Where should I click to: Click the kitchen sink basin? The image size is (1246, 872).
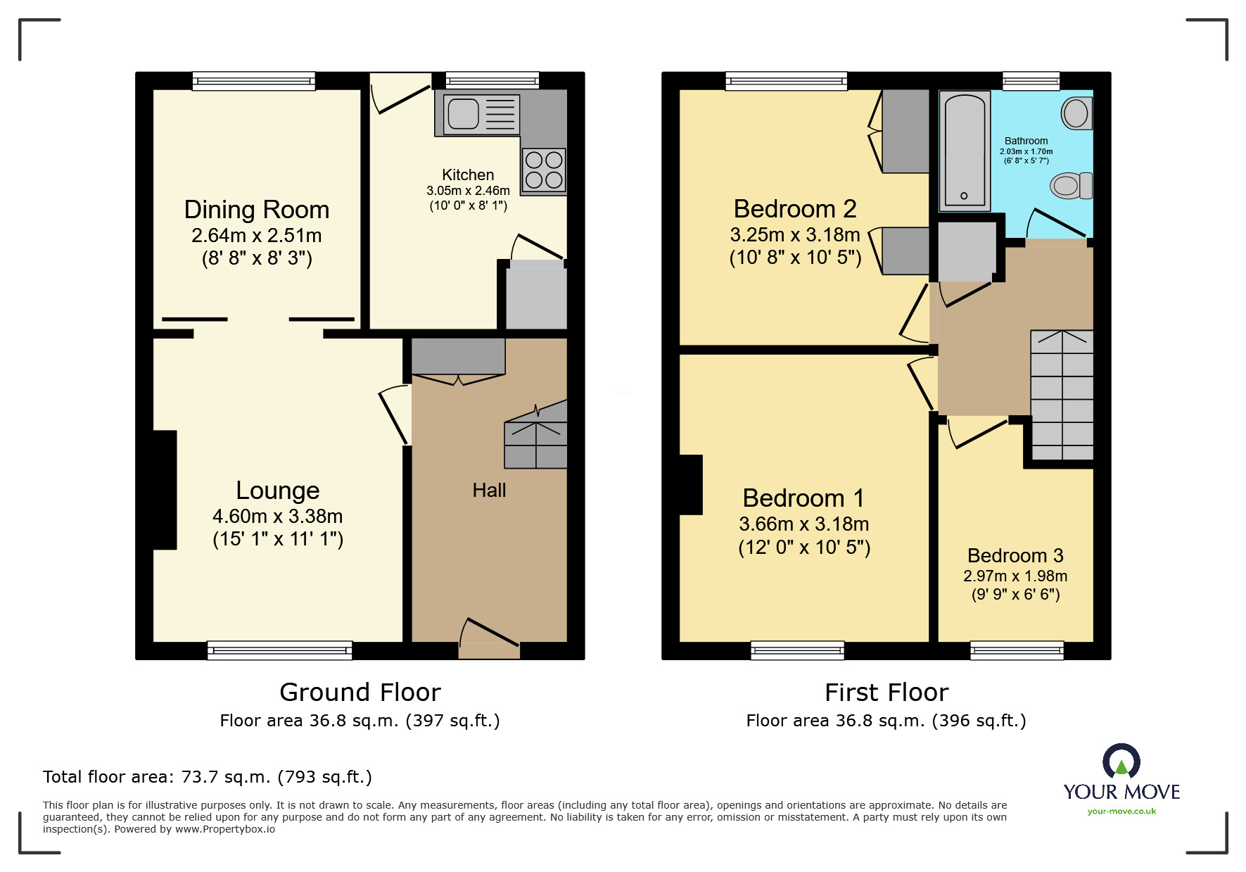coord(463,113)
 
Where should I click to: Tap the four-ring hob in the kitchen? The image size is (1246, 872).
coord(544,170)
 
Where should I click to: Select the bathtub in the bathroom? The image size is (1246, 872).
coord(964,150)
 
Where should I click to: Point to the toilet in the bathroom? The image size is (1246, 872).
coord(1071,186)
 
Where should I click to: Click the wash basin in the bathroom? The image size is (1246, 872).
coord(1076,113)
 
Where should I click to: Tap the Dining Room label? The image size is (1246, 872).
coord(257,210)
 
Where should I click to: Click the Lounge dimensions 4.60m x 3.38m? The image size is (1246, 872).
coord(277,517)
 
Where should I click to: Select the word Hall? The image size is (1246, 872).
coord(489,491)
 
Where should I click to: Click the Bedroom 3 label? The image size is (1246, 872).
coord(1015,555)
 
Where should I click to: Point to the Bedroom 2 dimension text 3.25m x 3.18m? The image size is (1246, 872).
coord(795,235)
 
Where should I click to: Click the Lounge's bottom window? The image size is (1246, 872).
coord(279,650)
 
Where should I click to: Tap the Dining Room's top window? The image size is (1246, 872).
coord(254,81)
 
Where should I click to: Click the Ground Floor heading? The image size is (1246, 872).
coord(360,693)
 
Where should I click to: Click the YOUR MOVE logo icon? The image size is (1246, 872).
coord(1121,762)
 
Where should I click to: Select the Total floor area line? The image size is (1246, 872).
coord(207,777)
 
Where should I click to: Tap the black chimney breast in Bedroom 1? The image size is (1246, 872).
coord(690,485)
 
